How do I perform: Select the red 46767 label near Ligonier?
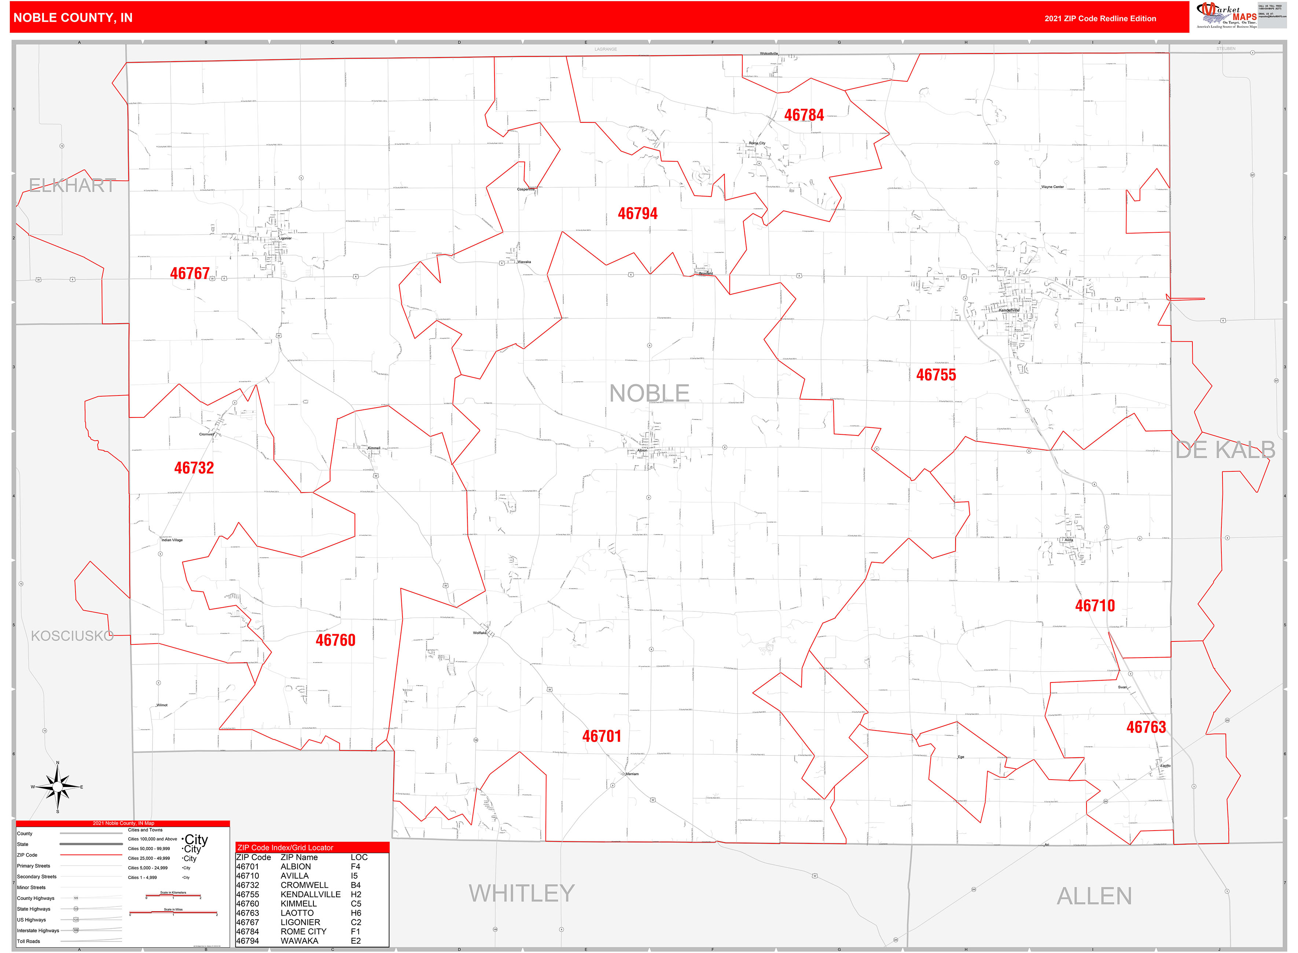[x=189, y=273]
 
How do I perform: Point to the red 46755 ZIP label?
[x=936, y=375]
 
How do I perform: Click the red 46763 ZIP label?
[x=1146, y=728]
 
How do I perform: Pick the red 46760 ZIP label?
[x=335, y=640]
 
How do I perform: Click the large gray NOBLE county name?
[x=649, y=393]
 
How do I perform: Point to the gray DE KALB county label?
[x=1225, y=450]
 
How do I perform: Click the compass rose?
[x=57, y=787]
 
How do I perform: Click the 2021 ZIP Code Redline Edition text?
[x=1100, y=18]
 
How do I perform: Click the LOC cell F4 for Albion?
[x=355, y=866]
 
